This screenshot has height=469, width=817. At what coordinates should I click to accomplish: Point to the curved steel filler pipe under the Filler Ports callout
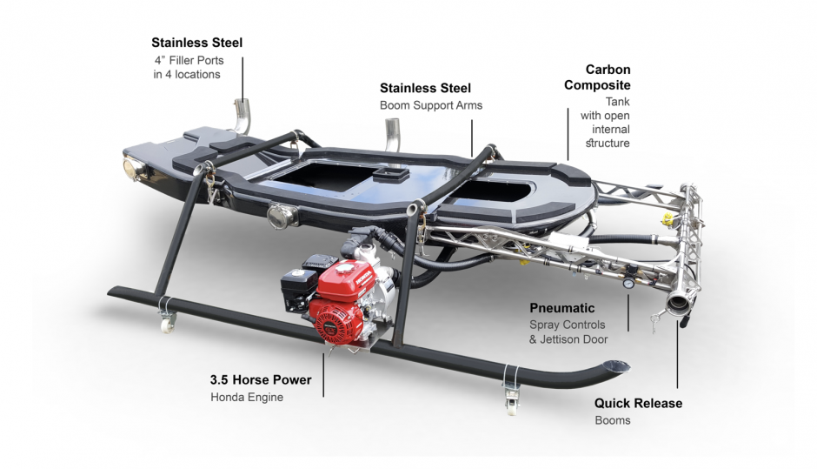pos(241,114)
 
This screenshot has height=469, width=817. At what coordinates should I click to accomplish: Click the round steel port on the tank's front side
pos(281,214)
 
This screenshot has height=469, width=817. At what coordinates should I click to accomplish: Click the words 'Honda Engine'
pos(247,398)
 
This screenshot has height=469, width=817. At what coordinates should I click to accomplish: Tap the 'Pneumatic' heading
pos(561,308)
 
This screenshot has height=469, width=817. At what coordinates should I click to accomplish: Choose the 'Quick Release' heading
pos(638,404)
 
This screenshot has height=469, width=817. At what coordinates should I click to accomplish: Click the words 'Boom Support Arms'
pos(430,105)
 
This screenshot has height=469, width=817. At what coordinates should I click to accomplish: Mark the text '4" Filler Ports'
pos(188,60)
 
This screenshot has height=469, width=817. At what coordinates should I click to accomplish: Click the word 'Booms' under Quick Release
pos(612,420)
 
